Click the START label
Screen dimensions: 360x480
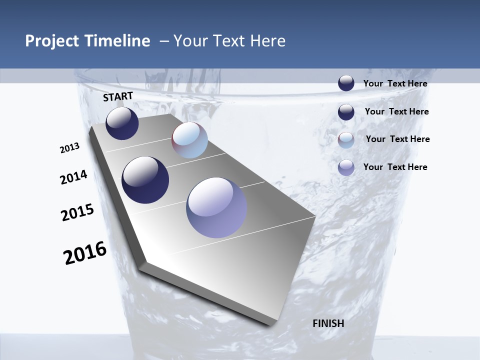pyautogui.click(x=118, y=96)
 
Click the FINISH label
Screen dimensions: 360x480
pyautogui.click(x=328, y=323)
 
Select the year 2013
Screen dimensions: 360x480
pyautogui.click(x=70, y=148)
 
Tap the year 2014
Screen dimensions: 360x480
pyautogui.click(x=73, y=177)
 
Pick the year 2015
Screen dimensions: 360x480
pyautogui.click(x=77, y=212)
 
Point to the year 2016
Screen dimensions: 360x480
pyautogui.click(x=85, y=253)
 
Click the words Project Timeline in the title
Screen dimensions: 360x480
pyautogui.click(x=87, y=41)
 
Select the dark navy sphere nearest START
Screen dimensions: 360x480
pyautogui.click(x=122, y=123)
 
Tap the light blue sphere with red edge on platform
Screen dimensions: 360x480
pyautogui.click(x=189, y=140)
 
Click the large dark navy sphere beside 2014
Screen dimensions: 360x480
pyautogui.click(x=145, y=180)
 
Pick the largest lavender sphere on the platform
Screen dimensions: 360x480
pyautogui.click(x=216, y=207)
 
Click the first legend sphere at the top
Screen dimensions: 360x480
pyautogui.click(x=346, y=83)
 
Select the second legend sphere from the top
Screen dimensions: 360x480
pyautogui.click(x=346, y=112)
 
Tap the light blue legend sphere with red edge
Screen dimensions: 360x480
pyautogui.click(x=346, y=140)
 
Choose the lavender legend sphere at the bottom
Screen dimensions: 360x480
pyautogui.click(x=346, y=167)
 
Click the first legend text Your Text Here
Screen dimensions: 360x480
pyautogui.click(x=395, y=83)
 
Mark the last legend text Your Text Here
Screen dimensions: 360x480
pyautogui.click(x=395, y=167)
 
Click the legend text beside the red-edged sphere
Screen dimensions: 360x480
pyautogui.click(x=397, y=139)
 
